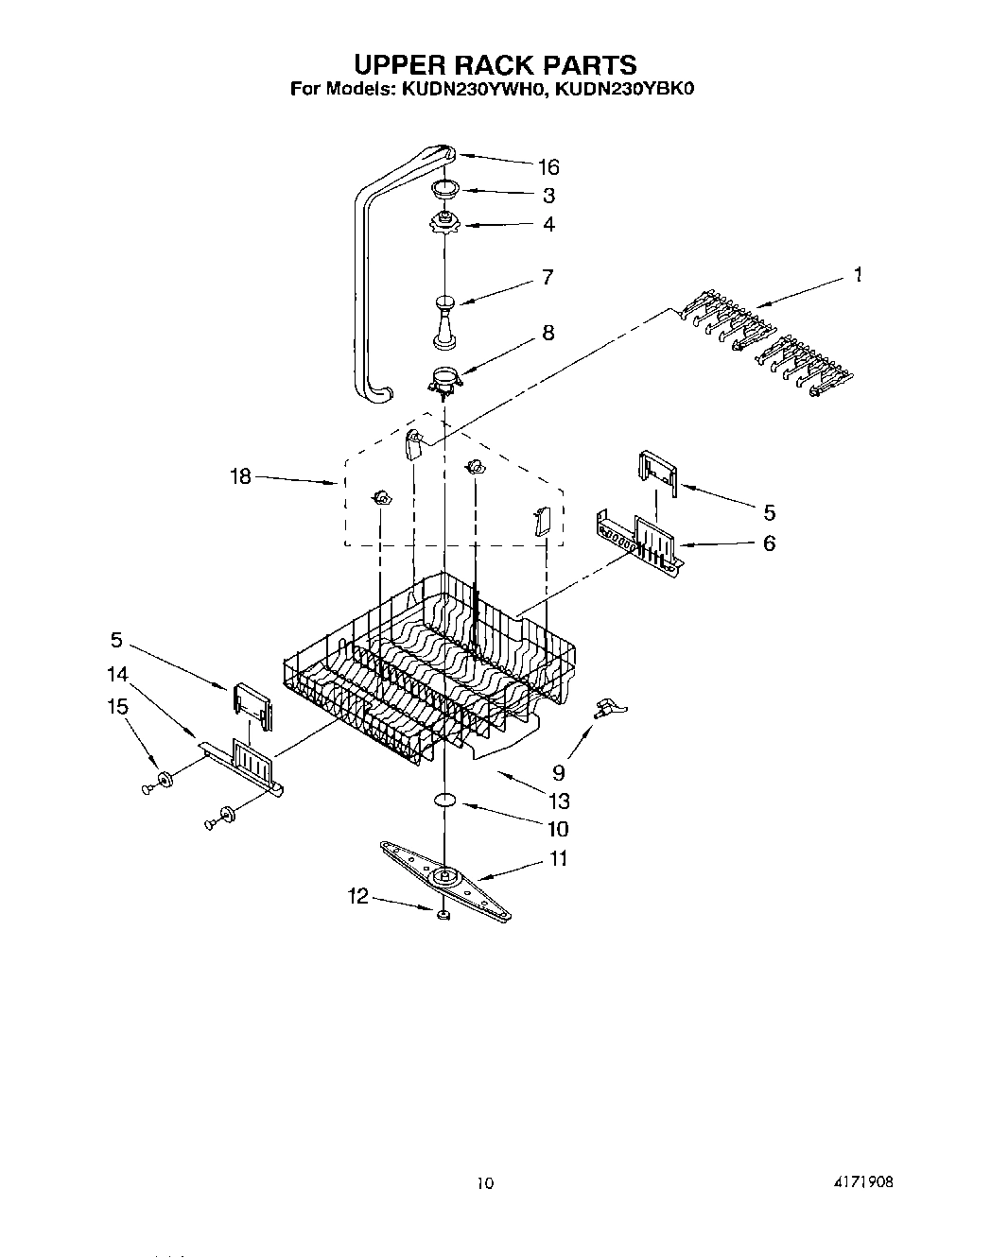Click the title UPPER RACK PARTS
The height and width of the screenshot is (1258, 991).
[x=495, y=64]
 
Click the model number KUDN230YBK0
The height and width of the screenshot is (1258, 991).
[x=625, y=91]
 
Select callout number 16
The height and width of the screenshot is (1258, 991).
[x=548, y=167]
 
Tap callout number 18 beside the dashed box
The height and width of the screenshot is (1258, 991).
[x=241, y=476]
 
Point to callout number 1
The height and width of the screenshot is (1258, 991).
[x=857, y=275]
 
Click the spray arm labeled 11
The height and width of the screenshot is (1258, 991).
[x=444, y=878]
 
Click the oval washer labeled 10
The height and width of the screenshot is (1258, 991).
[x=445, y=801]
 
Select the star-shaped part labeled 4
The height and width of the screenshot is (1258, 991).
[x=444, y=223]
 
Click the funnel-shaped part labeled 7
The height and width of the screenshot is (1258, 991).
[x=444, y=321]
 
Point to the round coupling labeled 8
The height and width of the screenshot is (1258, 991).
[x=444, y=381]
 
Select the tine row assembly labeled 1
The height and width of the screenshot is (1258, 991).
[x=766, y=350]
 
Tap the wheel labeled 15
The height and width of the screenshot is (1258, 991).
[x=165, y=779]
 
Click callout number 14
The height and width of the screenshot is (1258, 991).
[x=117, y=674]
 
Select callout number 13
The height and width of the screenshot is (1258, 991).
[x=559, y=801]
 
